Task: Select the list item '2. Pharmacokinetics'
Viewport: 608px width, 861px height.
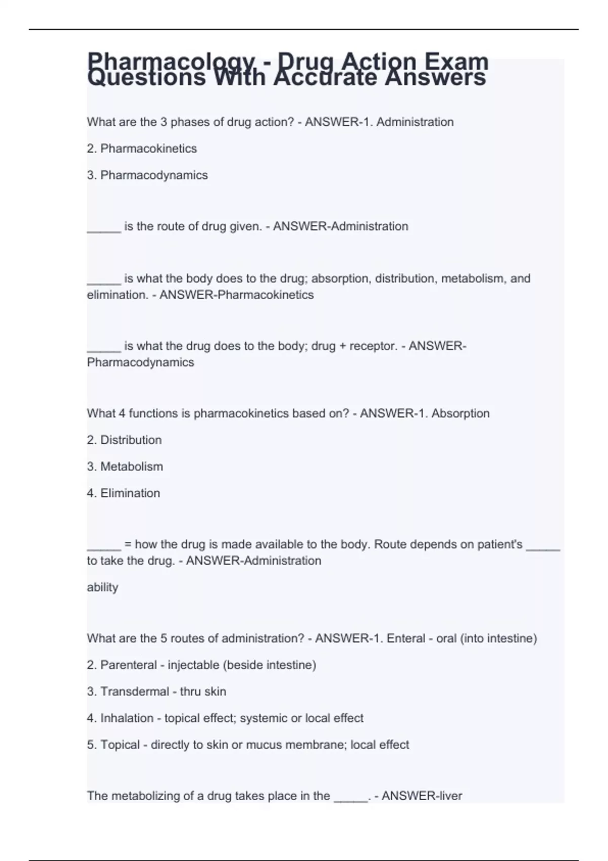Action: (x=141, y=148)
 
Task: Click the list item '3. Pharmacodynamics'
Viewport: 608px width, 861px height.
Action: (x=147, y=175)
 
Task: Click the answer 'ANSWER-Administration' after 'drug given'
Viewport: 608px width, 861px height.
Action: (x=340, y=226)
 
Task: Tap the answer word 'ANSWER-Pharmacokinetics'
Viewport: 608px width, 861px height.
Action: (x=237, y=295)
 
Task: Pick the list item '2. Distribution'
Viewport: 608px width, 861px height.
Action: (x=124, y=440)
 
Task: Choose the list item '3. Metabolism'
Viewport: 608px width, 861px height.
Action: (x=125, y=466)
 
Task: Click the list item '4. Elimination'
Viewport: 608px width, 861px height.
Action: (x=123, y=493)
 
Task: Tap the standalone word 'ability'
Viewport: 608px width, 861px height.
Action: (x=102, y=588)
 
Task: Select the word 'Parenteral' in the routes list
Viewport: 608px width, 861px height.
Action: (x=129, y=665)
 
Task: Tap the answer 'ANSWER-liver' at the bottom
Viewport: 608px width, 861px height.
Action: (x=422, y=796)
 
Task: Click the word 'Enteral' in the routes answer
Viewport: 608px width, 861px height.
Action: (x=406, y=639)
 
